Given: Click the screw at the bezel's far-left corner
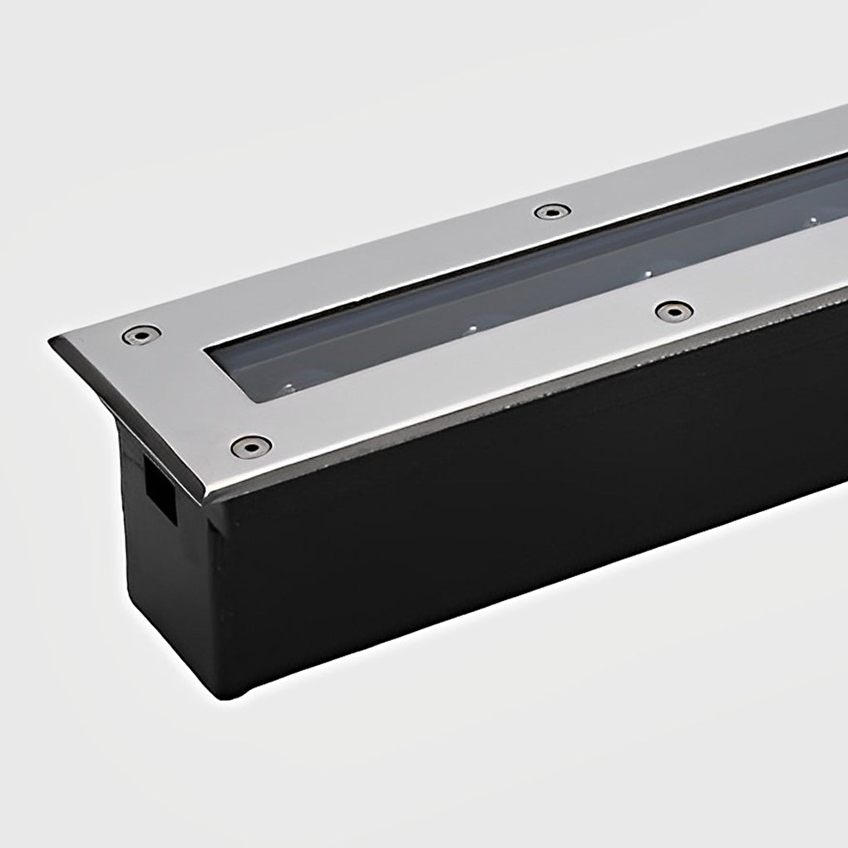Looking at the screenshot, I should [141, 335].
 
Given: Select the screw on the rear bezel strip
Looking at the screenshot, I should [552, 211].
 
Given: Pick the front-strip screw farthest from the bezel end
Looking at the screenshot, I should [673, 312].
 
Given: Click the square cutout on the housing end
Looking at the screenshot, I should [161, 492].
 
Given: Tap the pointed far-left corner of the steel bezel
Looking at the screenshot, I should [52, 342].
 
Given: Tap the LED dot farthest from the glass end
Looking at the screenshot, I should [812, 220].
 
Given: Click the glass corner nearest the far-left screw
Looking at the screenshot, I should [208, 353].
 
